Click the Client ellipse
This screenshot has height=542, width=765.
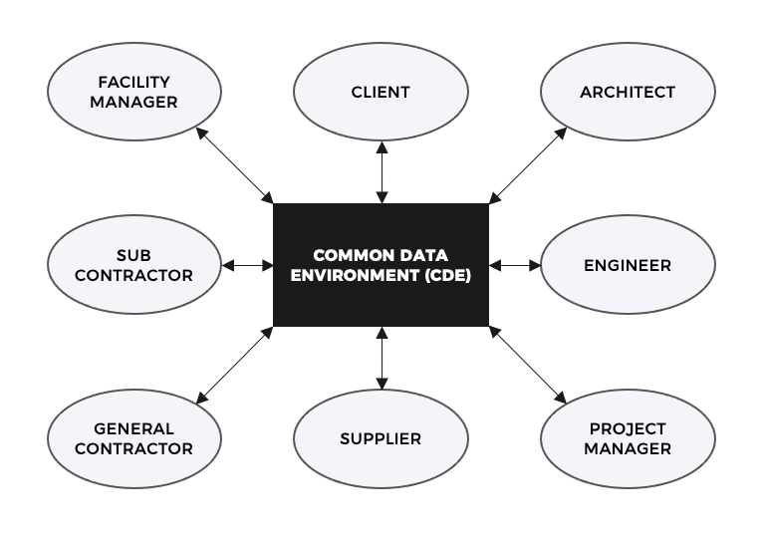(x=381, y=93)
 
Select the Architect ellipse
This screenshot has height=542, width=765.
(x=628, y=93)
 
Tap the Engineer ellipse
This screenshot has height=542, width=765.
(x=628, y=266)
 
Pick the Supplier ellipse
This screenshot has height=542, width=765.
(x=381, y=438)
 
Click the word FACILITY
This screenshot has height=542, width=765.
(x=133, y=82)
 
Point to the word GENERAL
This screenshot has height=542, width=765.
(x=133, y=428)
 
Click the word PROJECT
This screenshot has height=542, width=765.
(x=628, y=428)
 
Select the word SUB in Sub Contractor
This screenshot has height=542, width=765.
(x=133, y=255)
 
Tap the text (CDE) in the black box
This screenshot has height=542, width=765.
(x=449, y=276)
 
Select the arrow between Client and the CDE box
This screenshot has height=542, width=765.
(x=381, y=172)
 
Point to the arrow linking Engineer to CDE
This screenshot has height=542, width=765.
(x=515, y=266)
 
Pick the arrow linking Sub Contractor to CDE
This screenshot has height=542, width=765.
(x=247, y=266)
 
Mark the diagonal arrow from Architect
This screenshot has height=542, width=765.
(x=527, y=164)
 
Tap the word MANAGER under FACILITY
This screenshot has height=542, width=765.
(x=133, y=103)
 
